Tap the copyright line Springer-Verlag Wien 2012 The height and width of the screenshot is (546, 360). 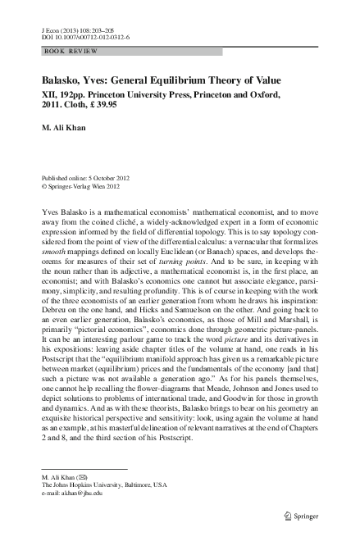[81, 186]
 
